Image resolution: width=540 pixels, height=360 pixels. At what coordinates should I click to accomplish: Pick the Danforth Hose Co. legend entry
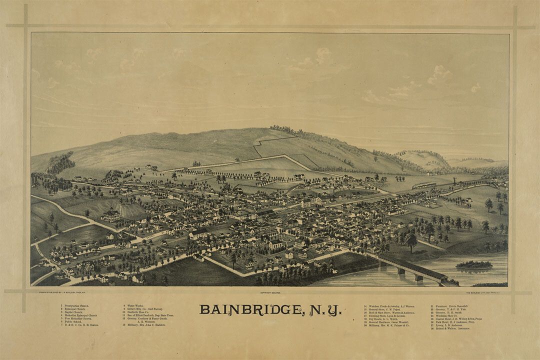point(142,312)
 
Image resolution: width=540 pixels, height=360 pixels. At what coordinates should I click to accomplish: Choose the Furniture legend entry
point(450,305)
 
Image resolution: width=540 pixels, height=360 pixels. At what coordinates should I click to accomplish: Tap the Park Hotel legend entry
point(454,322)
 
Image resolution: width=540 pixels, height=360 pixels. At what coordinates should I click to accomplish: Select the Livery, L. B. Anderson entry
point(449,325)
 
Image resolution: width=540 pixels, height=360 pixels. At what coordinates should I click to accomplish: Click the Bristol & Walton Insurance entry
point(452,328)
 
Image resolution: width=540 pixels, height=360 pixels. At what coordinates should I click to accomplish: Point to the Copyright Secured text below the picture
point(270,292)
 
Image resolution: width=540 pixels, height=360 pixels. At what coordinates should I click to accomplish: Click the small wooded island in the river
point(474,264)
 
